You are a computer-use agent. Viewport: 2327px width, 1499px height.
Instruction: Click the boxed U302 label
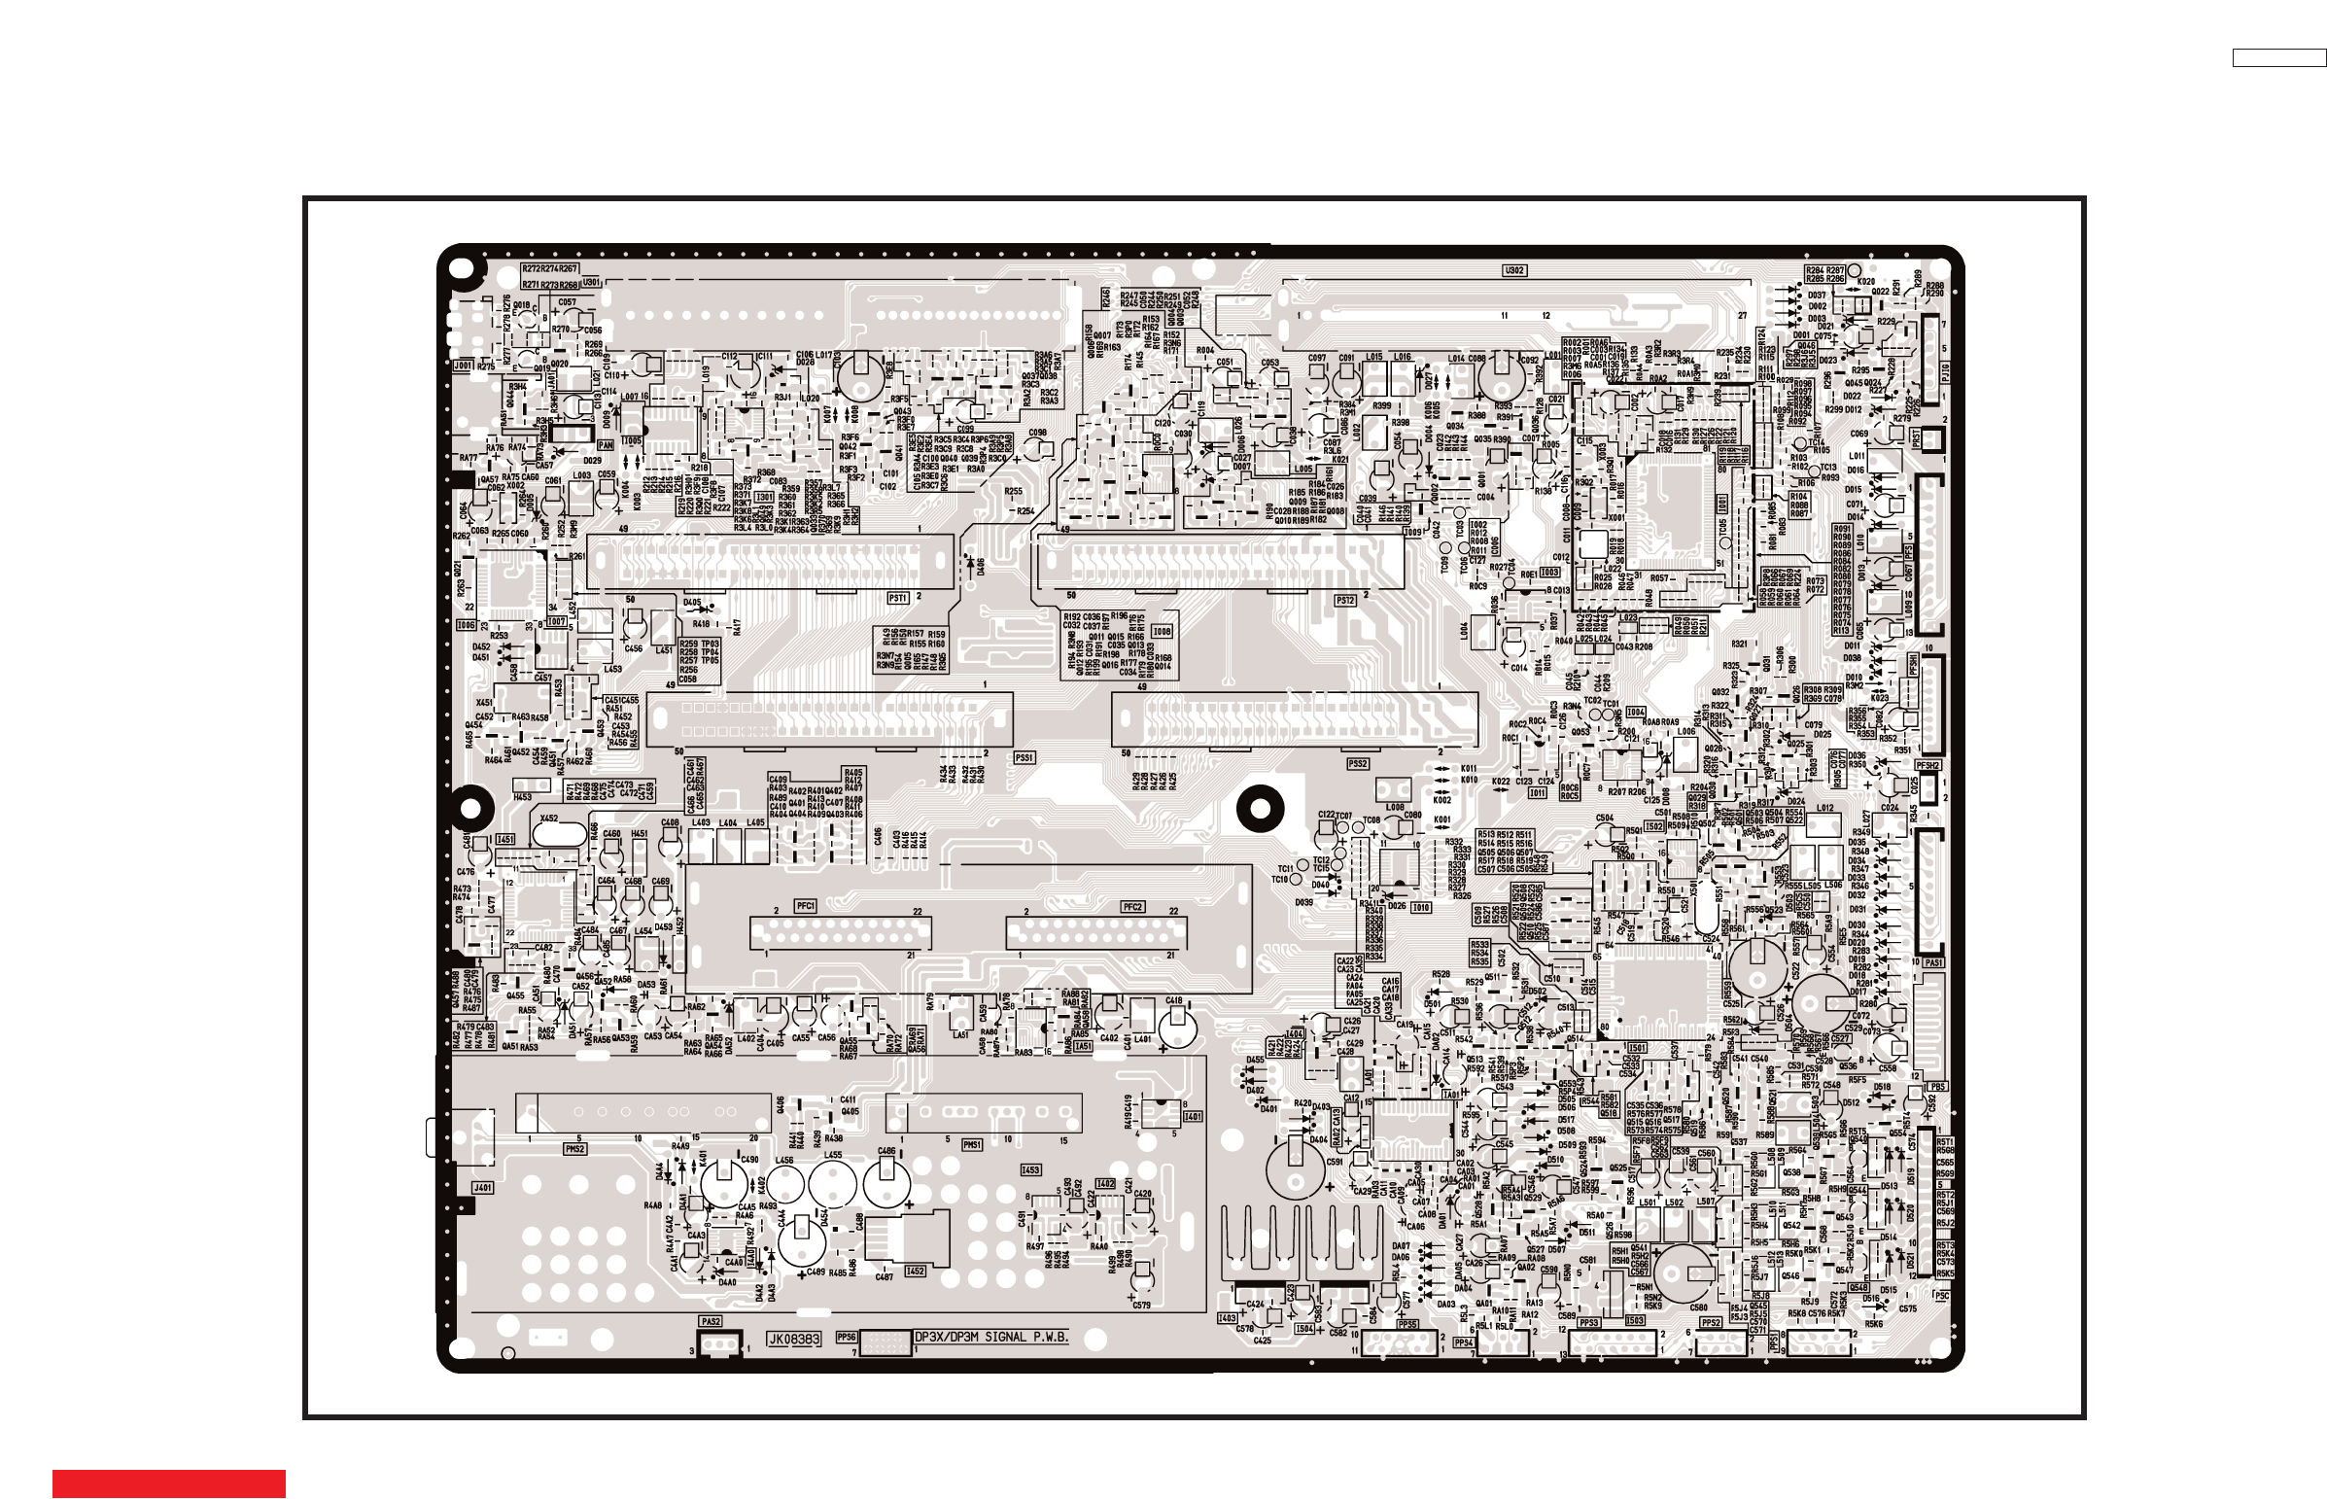click(1513, 270)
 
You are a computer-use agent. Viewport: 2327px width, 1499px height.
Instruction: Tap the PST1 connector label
click(897, 598)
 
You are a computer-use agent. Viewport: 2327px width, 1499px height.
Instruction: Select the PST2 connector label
click(1345, 601)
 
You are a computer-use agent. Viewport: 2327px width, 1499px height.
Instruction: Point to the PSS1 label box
click(1023, 757)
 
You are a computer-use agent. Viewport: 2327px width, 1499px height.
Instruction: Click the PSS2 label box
click(1358, 764)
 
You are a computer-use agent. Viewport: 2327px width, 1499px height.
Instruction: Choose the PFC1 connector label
click(805, 906)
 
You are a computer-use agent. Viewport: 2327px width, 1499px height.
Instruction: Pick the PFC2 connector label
click(1131, 907)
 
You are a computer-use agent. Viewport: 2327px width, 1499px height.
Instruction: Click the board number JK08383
click(794, 1340)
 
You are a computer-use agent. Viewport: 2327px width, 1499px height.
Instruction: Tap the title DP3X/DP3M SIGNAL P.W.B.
click(991, 1338)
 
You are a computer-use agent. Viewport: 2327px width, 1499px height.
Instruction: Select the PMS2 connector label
click(575, 1149)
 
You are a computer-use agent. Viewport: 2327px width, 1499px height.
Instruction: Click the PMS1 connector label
click(972, 1146)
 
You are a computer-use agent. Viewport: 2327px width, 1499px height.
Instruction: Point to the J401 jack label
click(483, 1188)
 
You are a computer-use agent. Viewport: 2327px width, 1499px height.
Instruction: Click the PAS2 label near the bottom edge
click(711, 1322)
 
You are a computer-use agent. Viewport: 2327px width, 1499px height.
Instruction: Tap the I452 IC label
click(915, 1272)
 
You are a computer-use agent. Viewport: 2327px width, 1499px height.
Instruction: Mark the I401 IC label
click(1193, 1116)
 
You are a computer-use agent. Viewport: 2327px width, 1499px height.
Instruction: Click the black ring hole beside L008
click(1260, 808)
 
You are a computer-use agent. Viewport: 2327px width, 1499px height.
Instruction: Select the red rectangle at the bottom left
click(168, 1483)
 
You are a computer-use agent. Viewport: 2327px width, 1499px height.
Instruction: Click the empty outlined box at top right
click(2278, 58)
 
